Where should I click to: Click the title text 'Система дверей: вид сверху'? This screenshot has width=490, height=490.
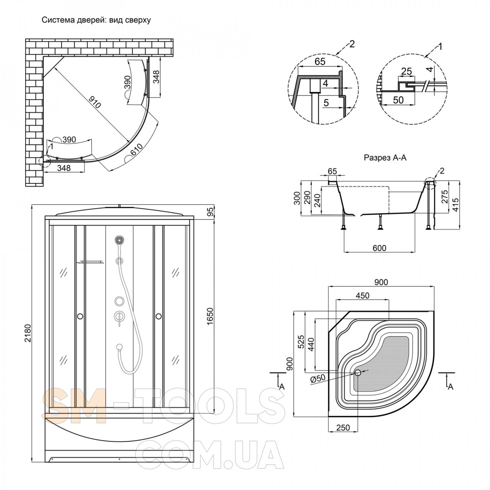pyautogui.click(x=96, y=20)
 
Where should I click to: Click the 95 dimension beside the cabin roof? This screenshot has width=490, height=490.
pyautogui.click(x=210, y=211)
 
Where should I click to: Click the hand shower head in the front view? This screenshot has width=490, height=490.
pyautogui.click(x=119, y=240)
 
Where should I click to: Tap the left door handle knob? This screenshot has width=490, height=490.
pyautogui.click(x=80, y=316)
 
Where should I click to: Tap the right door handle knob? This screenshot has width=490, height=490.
pyautogui.click(x=159, y=316)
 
